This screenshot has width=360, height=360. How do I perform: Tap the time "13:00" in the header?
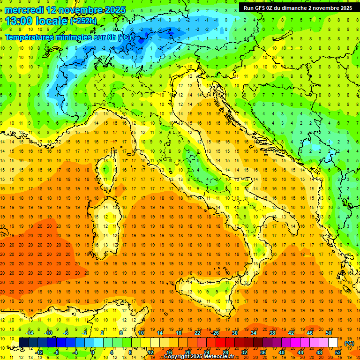pyautogui.click(x=20, y=21)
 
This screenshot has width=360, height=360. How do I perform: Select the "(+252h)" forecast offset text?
pyautogui.click(x=83, y=21)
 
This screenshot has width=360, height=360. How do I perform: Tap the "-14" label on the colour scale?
pyautogui.click(x=30, y=332)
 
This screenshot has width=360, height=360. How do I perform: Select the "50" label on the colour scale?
pyautogui.click(x=329, y=332)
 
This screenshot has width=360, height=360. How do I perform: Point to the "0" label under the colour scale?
pyautogui.click(x=93, y=352)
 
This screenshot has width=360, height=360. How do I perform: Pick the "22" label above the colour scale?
pyautogui.click(x=197, y=332)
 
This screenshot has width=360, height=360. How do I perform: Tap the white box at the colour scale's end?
pyautogui.click(x=333, y=343)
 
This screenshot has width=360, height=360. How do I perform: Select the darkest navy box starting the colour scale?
pyautogui.click(x=23, y=343)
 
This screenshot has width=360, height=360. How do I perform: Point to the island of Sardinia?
pyautogui.click(x=107, y=223)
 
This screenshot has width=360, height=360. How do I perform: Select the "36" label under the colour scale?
pyautogui.click(x=263, y=352)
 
